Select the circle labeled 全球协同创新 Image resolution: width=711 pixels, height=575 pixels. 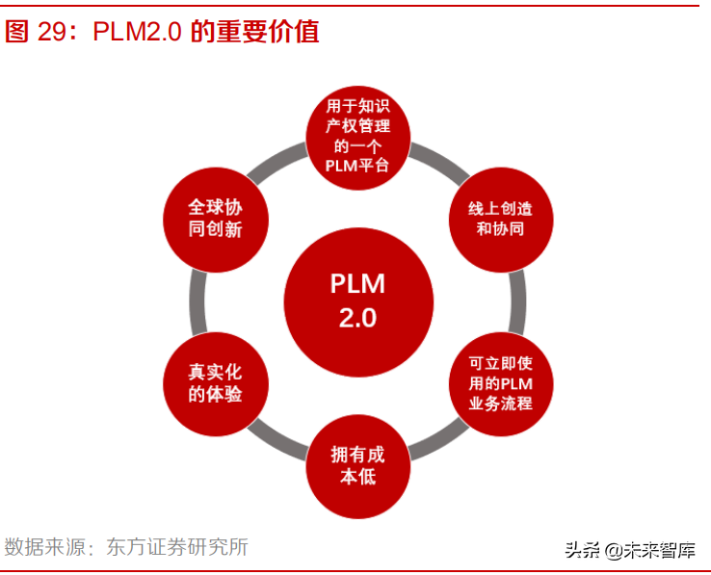click(215, 218)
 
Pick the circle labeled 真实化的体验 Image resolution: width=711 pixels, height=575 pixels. click(215, 381)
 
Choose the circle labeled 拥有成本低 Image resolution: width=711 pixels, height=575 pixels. click(357, 465)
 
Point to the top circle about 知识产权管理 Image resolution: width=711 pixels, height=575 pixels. click(358, 135)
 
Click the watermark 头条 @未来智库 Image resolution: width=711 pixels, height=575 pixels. click(630, 550)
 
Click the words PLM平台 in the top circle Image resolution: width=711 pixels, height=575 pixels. click(358, 165)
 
